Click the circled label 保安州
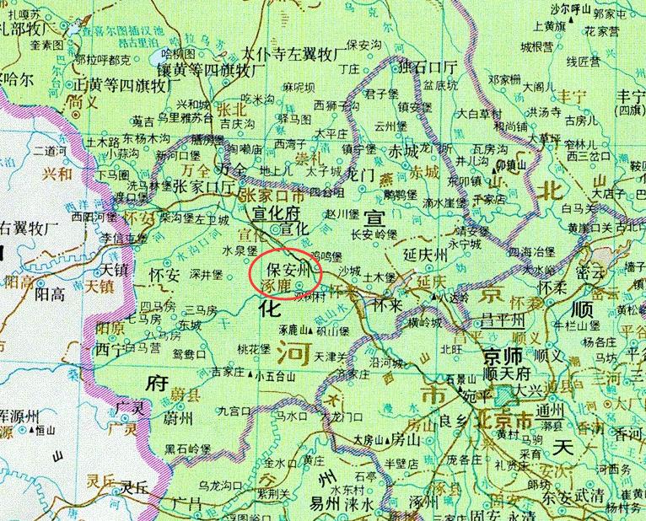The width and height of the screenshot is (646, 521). (289, 271)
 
